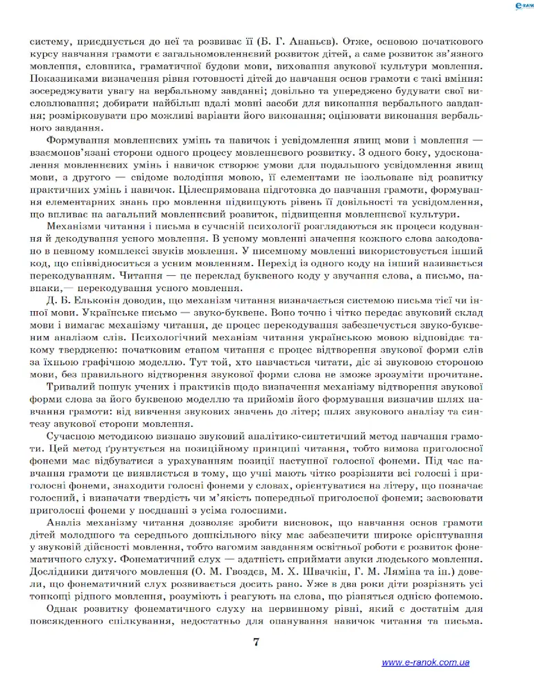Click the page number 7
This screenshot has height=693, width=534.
click(257, 641)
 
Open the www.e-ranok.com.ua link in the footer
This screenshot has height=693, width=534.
click(425, 663)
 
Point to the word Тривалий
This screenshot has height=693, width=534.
click(69, 387)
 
